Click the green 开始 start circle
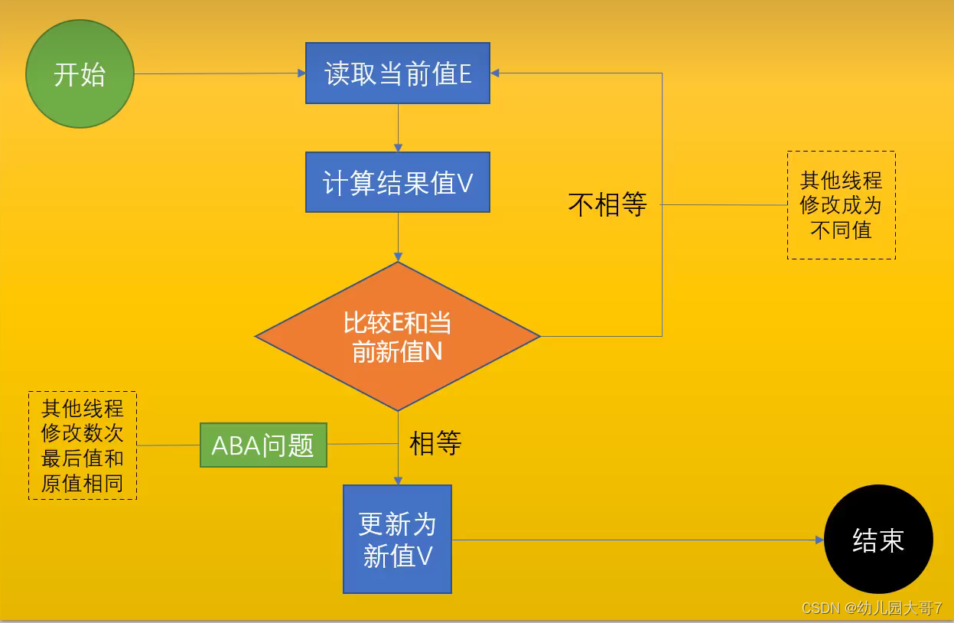tap(80, 74)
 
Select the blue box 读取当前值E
tap(397, 73)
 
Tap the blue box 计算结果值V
tap(397, 182)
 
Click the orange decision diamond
tap(398, 336)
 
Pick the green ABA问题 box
tap(263, 445)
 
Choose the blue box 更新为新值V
tap(397, 539)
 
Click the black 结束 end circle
tap(878, 540)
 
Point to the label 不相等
tap(607, 204)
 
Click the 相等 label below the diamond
tap(435, 443)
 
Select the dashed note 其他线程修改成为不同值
tap(841, 205)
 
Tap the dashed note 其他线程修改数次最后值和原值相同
tap(83, 445)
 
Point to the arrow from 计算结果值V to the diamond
tap(398, 236)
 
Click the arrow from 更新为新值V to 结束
tap(635, 540)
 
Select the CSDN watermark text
tap(871, 608)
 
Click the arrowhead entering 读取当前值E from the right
tap(495, 73)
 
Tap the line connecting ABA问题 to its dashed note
tap(168, 445)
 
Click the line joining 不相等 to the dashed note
tap(724, 204)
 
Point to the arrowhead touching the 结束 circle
tap(819, 540)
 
